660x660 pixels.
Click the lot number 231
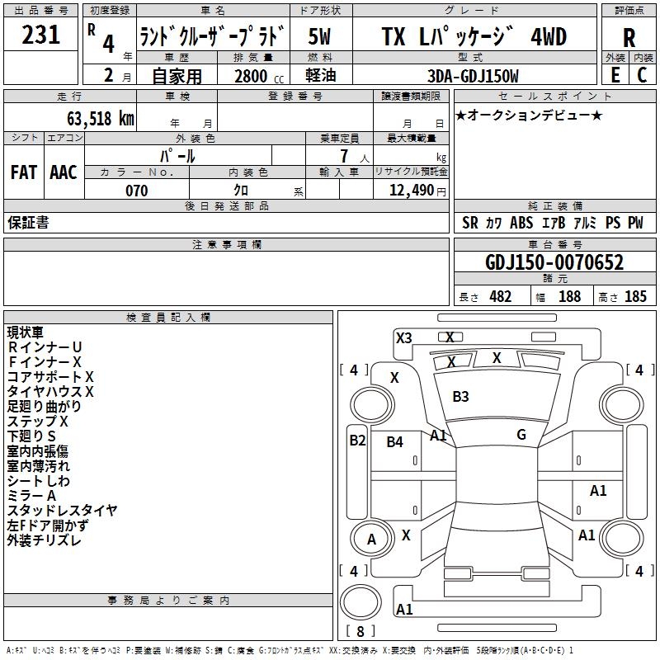[x=40, y=35]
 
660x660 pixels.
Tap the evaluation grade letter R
[x=629, y=38]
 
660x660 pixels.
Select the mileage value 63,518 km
[x=101, y=119]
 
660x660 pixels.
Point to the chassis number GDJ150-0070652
[x=554, y=262]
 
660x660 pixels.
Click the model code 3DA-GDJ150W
[x=473, y=76]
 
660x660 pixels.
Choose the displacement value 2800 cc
[x=259, y=76]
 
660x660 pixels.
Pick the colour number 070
[x=136, y=191]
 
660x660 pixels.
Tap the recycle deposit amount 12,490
[x=411, y=191]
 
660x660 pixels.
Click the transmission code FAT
[x=24, y=172]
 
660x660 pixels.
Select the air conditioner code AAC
[x=64, y=172]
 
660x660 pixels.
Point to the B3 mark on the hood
[x=460, y=397]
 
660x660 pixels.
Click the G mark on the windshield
[x=521, y=435]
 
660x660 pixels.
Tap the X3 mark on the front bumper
[x=403, y=338]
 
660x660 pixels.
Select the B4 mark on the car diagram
[x=394, y=442]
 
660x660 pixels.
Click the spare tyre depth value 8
[x=361, y=631]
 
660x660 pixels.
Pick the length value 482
[x=501, y=297]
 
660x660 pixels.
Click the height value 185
[x=635, y=297]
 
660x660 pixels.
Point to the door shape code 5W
[x=319, y=37]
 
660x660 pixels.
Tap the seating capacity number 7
[x=344, y=156]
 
